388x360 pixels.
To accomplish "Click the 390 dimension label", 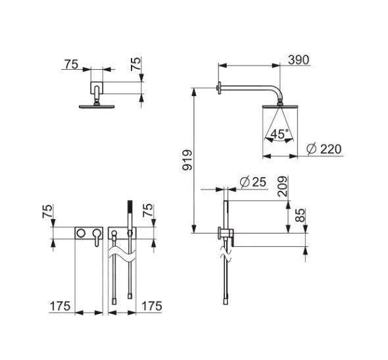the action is (x=299, y=60).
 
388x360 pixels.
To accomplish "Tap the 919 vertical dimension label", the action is (x=187, y=160).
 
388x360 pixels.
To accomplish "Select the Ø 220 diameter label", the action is (x=324, y=149).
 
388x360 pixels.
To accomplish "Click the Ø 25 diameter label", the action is (x=253, y=182).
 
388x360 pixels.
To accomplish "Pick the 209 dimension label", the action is (x=283, y=186).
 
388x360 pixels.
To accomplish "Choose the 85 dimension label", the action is (x=301, y=215).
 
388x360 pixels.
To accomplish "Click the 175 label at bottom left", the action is (x=60, y=306).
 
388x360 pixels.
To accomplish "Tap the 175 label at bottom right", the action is (x=151, y=306).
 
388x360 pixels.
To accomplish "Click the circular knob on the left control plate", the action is (x=81, y=233).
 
